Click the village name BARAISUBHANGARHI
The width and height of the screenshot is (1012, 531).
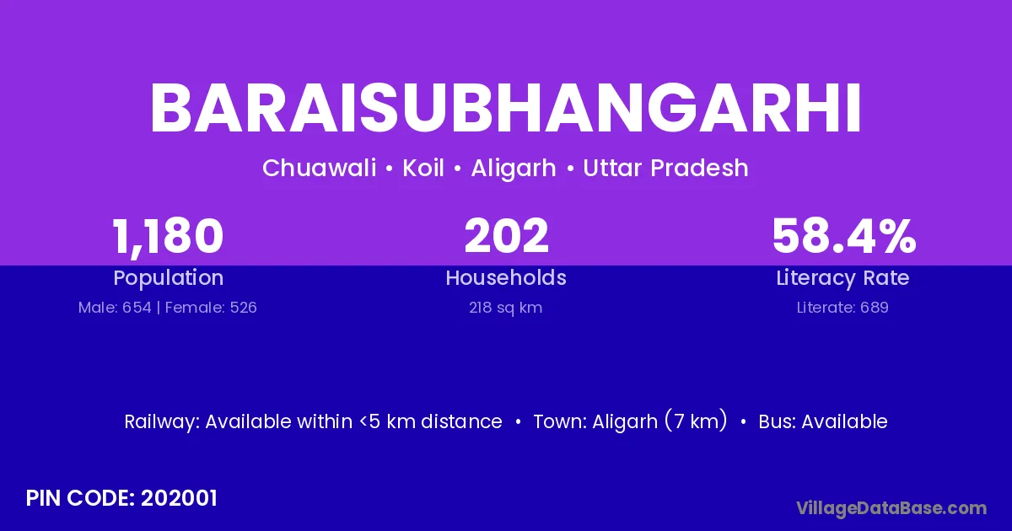[x=505, y=108]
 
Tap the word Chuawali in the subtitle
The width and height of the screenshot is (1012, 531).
[x=319, y=168]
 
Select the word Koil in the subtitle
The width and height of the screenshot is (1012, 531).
[x=423, y=168]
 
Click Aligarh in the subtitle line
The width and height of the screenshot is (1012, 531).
[x=514, y=169]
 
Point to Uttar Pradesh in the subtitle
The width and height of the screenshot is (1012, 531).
[x=665, y=168]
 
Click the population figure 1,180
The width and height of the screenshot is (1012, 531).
[x=168, y=237]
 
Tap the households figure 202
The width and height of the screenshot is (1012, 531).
[x=506, y=236]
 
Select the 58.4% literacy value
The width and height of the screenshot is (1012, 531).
[x=844, y=236]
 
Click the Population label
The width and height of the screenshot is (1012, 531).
[x=168, y=278]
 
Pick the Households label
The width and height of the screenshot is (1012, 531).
[x=506, y=277]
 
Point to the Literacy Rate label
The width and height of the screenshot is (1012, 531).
[x=842, y=278]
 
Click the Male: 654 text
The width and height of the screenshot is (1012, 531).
[x=115, y=308]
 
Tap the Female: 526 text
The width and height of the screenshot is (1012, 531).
[x=211, y=308]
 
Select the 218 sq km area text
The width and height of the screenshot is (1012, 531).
[x=505, y=308]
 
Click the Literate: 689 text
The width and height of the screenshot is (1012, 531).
[x=842, y=308]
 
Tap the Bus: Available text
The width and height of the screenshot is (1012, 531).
[x=823, y=421]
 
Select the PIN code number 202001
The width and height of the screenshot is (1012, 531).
[x=179, y=498]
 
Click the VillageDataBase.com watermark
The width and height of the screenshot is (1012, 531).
[x=891, y=508]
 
